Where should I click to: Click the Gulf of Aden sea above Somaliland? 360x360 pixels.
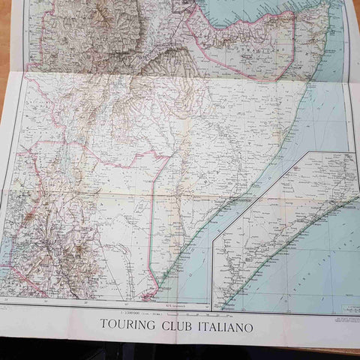pos(247,11)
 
